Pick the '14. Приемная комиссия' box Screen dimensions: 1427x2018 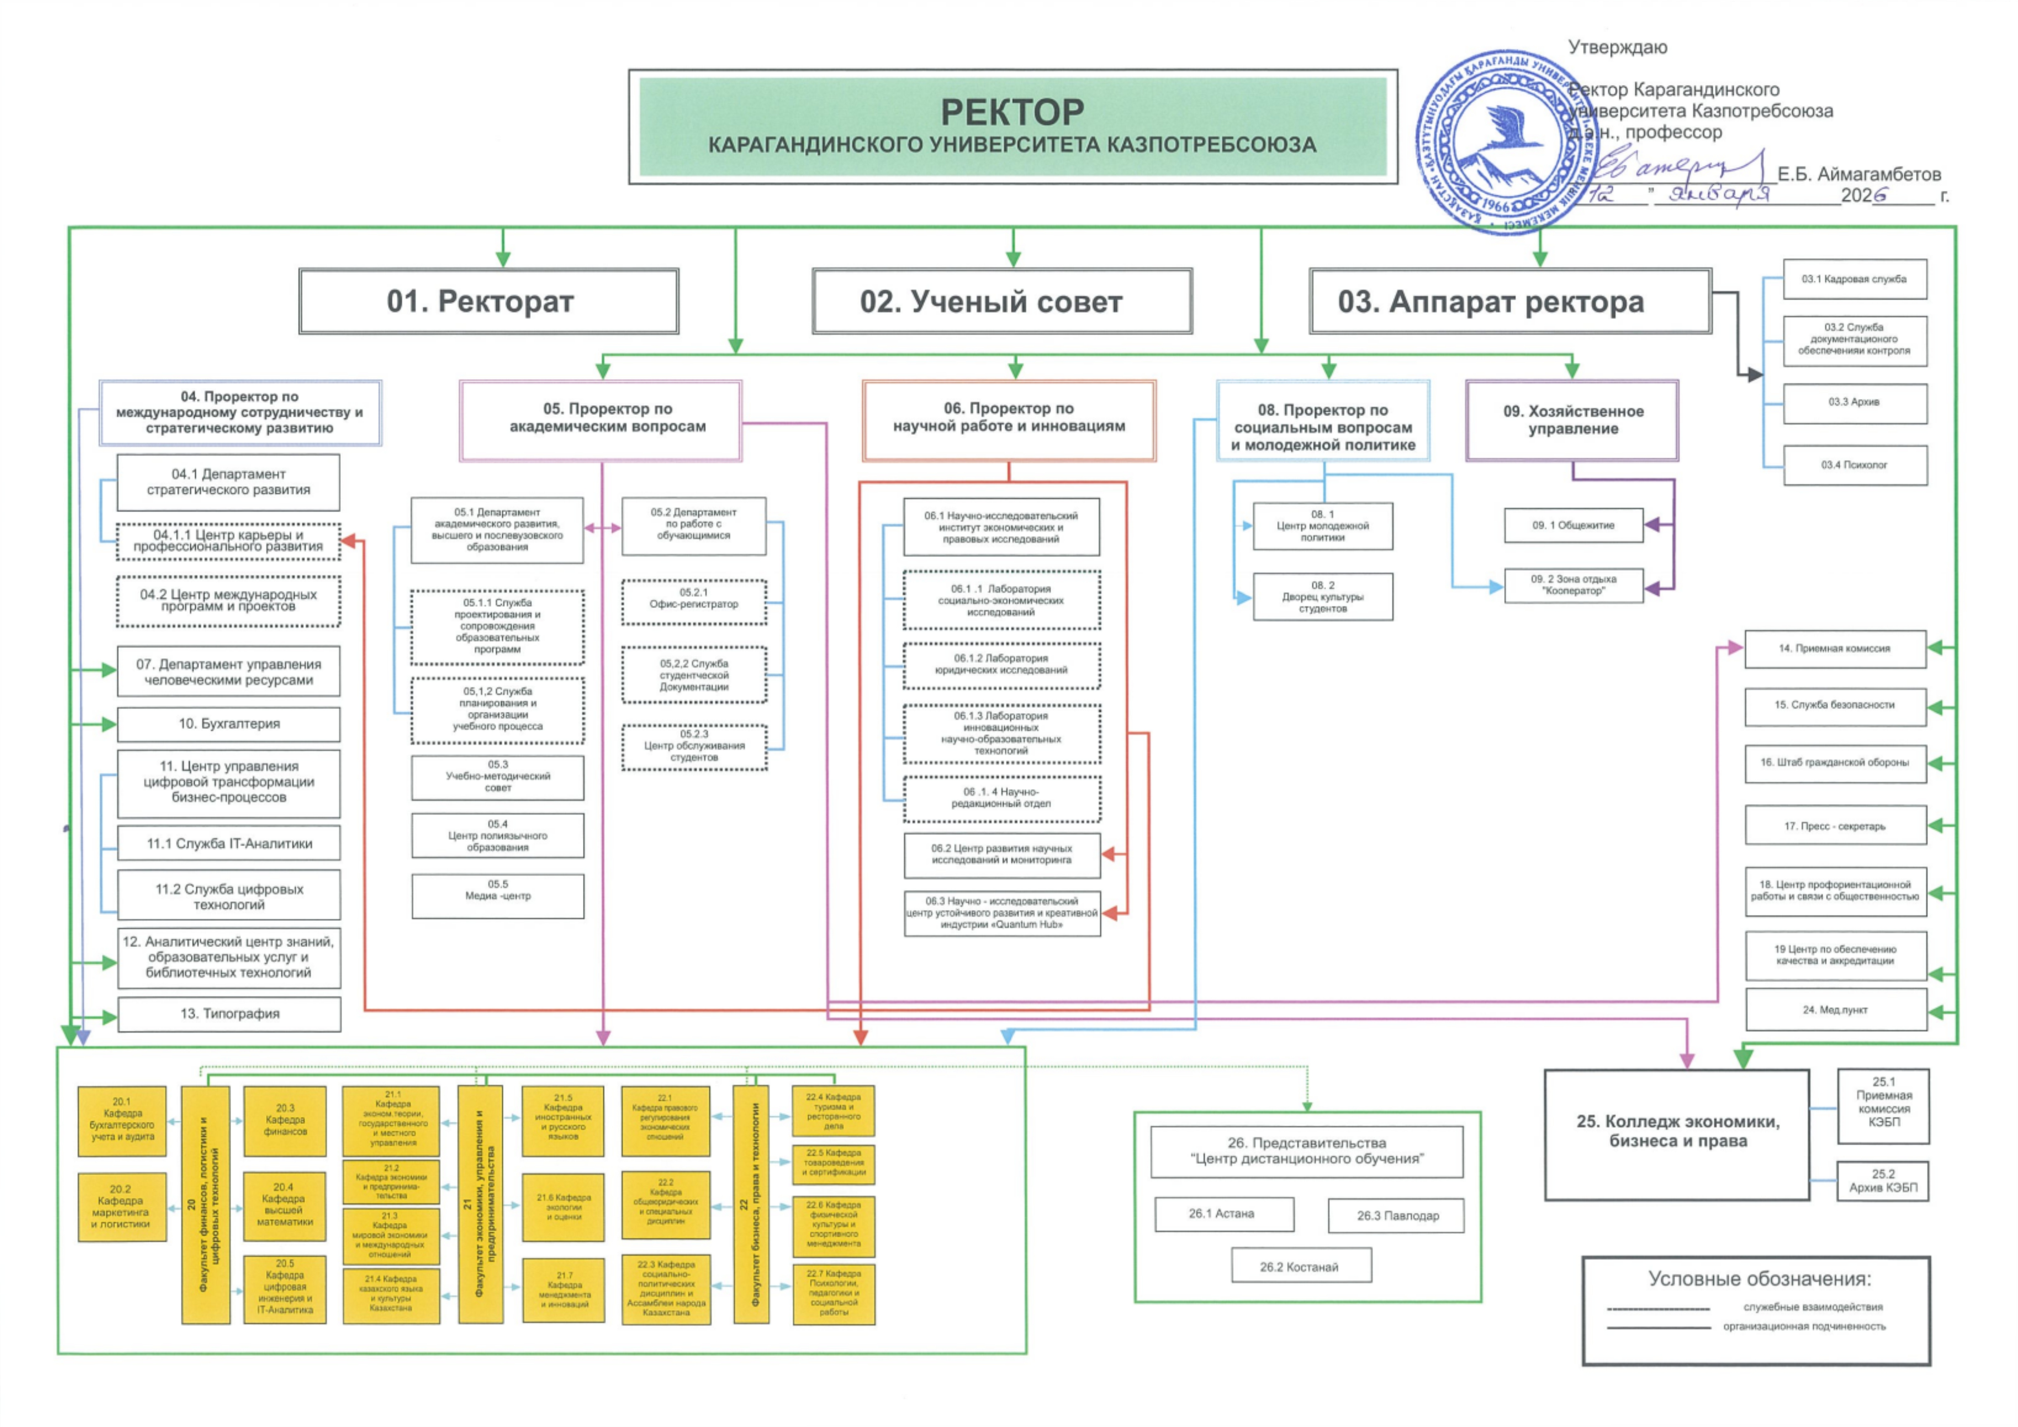click(x=1835, y=648)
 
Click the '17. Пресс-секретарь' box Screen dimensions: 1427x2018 click(x=1835, y=826)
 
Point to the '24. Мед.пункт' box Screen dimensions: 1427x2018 click(x=1835, y=1010)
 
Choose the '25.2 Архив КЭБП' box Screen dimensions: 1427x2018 click(x=1883, y=1181)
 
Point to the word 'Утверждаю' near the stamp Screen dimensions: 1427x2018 click(x=1617, y=48)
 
